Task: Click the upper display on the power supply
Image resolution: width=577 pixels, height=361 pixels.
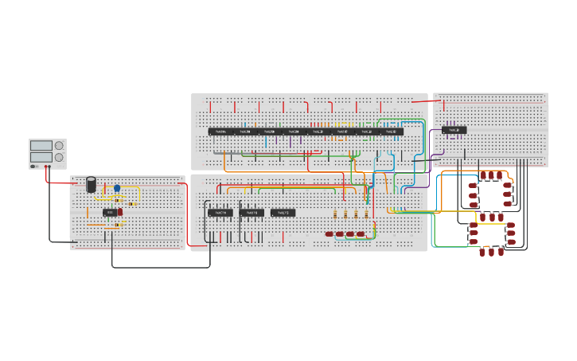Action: coord(41,146)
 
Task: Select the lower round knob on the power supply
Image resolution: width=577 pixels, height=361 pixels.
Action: coord(59,157)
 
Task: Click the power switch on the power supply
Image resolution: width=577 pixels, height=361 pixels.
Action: coord(33,167)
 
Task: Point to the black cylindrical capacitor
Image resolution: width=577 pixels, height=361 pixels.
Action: coord(92,184)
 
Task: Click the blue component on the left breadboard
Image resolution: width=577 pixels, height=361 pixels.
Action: coord(117,188)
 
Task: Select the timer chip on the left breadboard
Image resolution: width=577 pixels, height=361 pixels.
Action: coord(110,213)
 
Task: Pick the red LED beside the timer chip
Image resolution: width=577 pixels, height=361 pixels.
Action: coord(120,212)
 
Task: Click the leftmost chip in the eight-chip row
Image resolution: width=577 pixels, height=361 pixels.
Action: coord(220,131)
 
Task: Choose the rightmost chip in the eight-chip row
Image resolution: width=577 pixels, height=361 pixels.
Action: coord(390,131)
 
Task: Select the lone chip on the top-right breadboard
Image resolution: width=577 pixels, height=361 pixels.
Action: coord(454,130)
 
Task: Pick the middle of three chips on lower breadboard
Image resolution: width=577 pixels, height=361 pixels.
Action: coord(251,213)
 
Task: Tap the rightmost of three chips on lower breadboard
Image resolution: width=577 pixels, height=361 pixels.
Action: coord(283,213)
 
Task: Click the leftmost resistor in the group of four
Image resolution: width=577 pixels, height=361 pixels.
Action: coord(335,214)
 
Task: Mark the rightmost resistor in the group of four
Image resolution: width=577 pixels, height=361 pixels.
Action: coord(366,214)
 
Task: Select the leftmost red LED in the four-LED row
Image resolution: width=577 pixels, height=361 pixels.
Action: coord(329,234)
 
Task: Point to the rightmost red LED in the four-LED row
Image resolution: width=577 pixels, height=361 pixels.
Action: coord(361,234)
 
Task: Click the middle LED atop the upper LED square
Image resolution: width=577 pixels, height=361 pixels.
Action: coord(492,175)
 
